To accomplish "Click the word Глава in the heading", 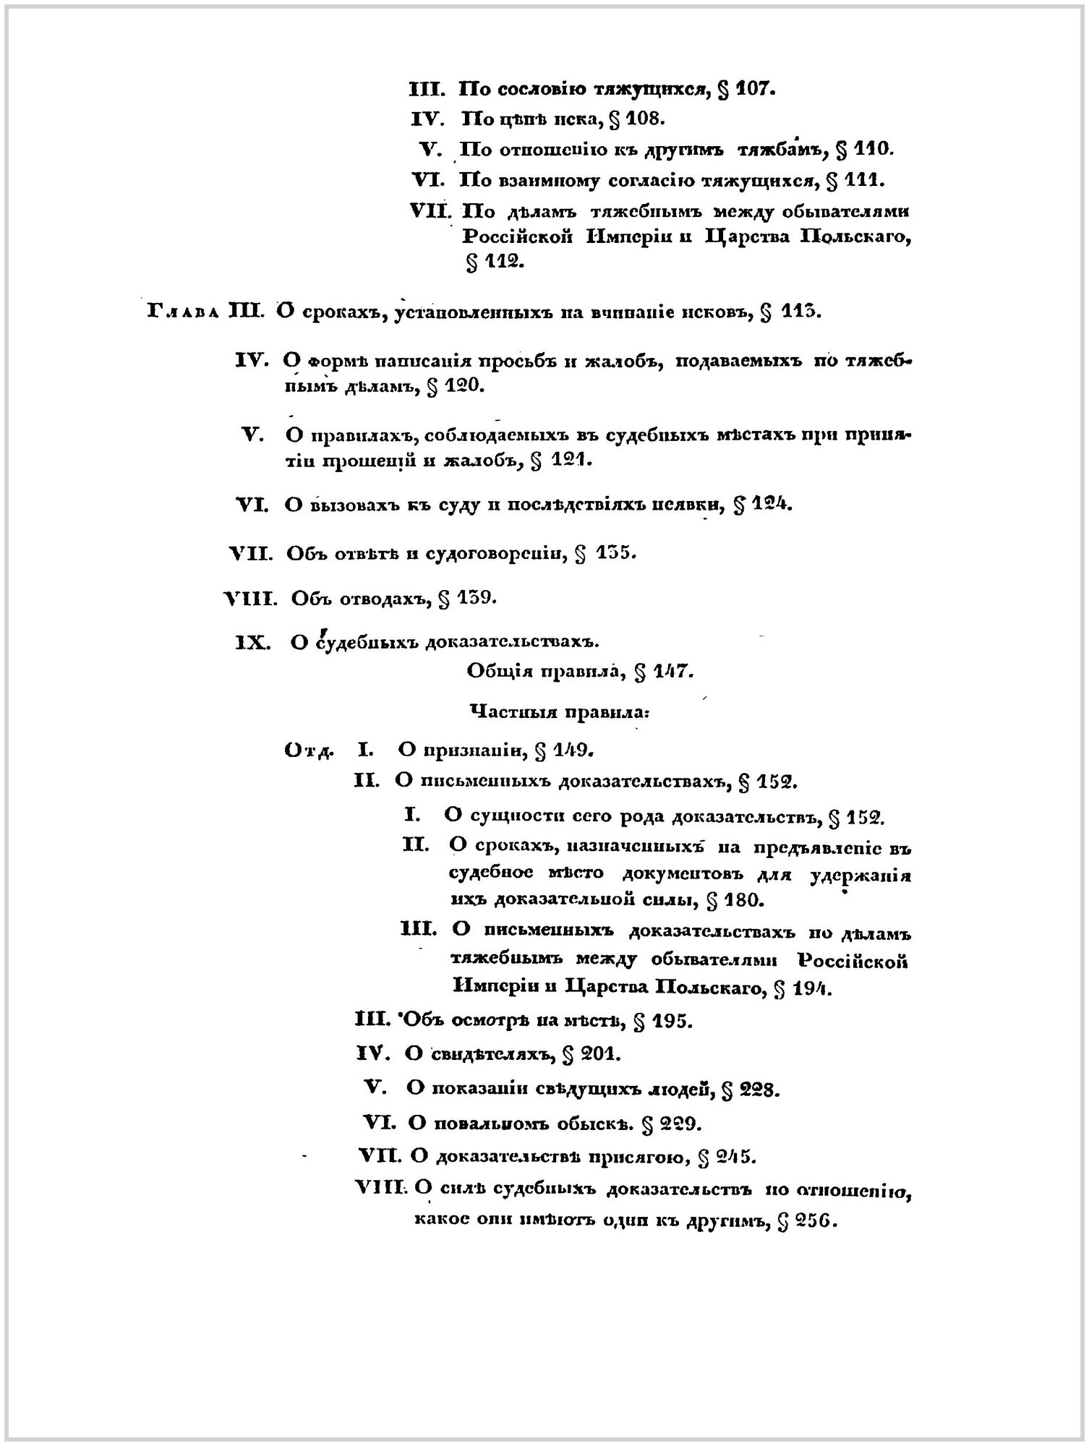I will (182, 312).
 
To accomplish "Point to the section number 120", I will (464, 386).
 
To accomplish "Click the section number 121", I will (571, 460).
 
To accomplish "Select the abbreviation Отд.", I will (308, 750).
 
